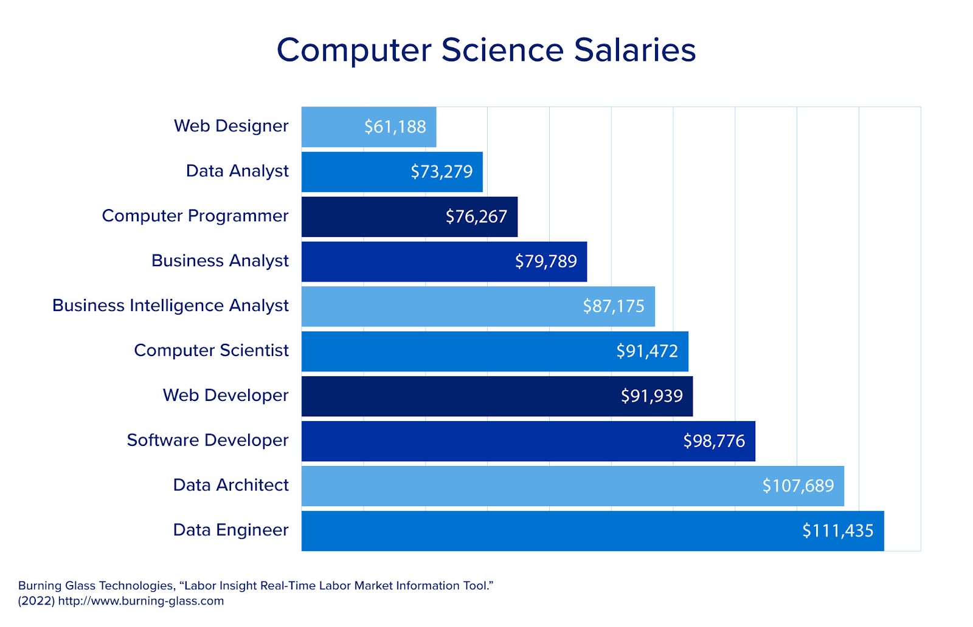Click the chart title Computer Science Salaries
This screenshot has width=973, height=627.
(x=486, y=50)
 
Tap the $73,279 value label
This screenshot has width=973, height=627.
(x=441, y=172)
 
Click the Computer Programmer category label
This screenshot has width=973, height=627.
(x=195, y=216)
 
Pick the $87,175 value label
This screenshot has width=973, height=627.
(x=614, y=306)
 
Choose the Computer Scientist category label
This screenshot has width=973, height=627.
(x=211, y=351)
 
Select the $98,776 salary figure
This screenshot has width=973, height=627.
(x=714, y=441)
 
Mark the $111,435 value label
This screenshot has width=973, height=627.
(x=837, y=531)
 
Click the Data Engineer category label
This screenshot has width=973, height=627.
(x=230, y=530)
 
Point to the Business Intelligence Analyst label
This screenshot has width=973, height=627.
(x=170, y=306)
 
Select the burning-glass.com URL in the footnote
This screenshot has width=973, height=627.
(x=141, y=601)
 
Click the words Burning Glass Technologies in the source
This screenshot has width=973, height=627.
(x=96, y=586)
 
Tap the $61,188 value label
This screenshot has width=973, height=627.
(x=395, y=127)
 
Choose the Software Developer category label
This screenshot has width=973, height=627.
(x=207, y=440)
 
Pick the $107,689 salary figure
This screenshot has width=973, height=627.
(x=798, y=486)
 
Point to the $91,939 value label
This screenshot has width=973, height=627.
(x=651, y=396)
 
